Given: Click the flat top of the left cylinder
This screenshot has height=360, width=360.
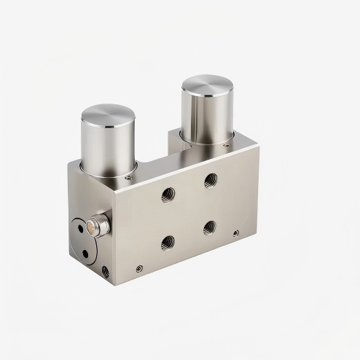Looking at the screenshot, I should pos(109,116).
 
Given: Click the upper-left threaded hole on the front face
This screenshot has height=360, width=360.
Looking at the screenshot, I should pos(168,195).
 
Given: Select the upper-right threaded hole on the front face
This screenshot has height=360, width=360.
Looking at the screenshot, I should pos(211,179).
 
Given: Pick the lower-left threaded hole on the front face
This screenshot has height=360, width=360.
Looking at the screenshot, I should pos(168,242).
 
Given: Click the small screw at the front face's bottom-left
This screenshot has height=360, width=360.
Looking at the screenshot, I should pos(138,268).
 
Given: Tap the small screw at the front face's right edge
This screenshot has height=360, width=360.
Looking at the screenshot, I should pos(235,234).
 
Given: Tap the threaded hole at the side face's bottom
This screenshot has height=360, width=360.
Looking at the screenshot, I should pos(106,270).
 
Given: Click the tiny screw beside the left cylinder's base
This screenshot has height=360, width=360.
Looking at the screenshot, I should pos(128,176).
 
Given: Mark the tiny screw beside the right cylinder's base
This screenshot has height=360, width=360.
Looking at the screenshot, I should pos(225,146).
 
